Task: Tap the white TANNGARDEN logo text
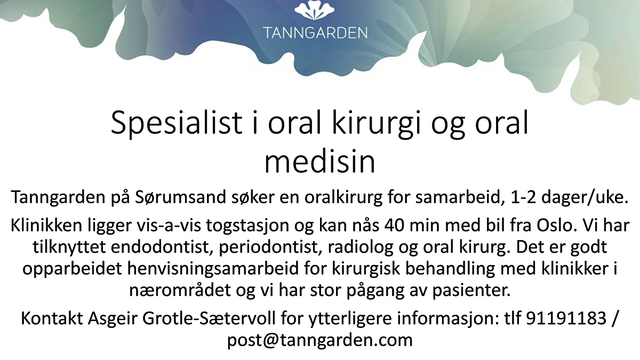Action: coord(315,33)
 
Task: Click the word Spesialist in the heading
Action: coord(177,123)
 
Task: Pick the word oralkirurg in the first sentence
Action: coord(343,198)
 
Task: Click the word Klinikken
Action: coord(46,225)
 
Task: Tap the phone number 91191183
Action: coord(566,318)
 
